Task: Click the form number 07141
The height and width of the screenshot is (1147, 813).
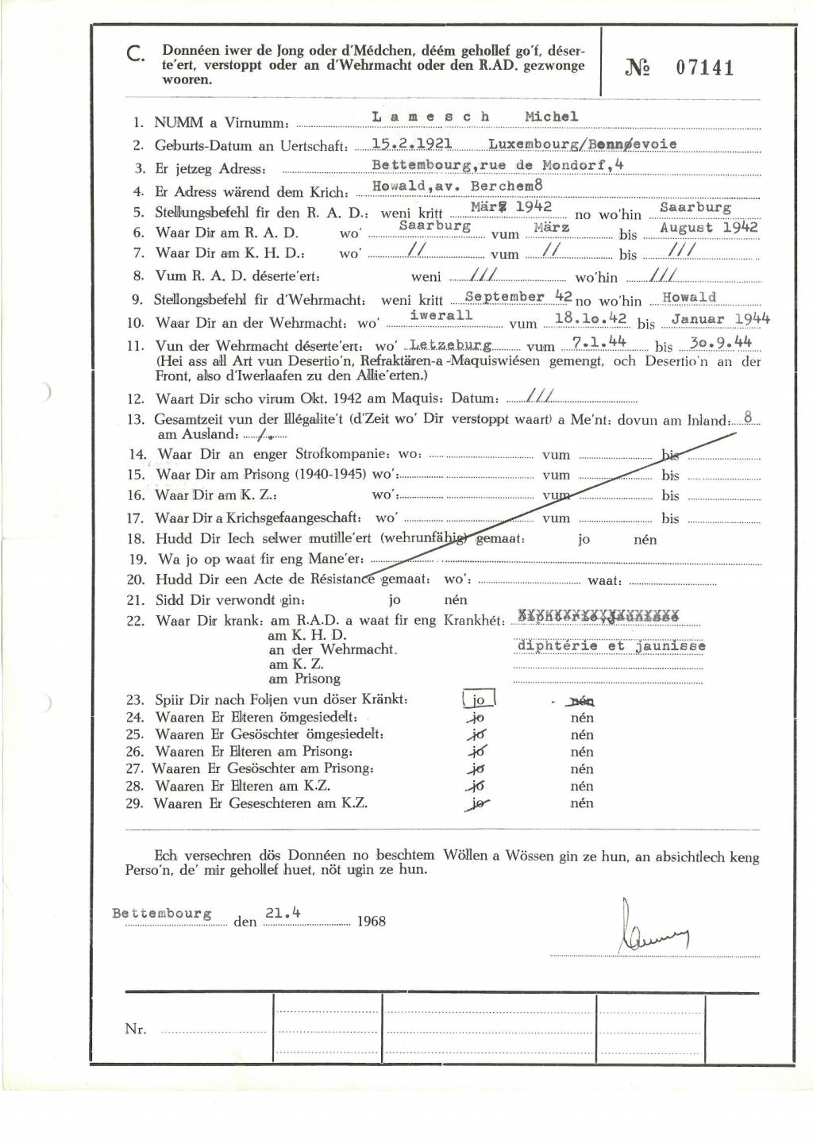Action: click(704, 67)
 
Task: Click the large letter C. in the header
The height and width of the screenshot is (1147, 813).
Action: click(135, 54)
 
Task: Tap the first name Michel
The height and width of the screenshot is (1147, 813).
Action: click(551, 117)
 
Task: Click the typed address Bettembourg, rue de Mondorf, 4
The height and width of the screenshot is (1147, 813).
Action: click(498, 165)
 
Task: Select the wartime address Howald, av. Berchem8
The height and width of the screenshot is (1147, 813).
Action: click(457, 187)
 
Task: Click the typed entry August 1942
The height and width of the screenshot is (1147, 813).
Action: click(708, 227)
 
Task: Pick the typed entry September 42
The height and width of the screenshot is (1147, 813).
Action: click(518, 297)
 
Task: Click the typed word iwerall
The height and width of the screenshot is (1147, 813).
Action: click(441, 315)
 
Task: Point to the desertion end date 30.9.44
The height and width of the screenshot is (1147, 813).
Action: click(721, 342)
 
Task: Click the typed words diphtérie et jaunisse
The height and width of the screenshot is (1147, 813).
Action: click(611, 646)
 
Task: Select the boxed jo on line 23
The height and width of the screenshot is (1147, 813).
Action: click(479, 700)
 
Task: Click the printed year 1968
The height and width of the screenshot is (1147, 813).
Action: click(372, 922)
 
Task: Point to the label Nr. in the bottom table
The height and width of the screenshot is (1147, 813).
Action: click(135, 1029)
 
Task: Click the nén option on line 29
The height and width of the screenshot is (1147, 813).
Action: click(582, 803)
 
